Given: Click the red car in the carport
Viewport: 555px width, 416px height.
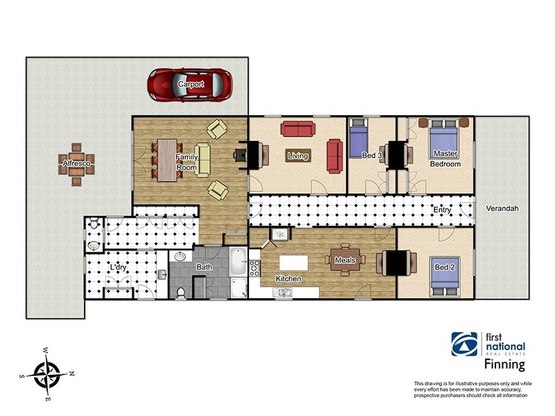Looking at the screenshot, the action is tap(190, 85).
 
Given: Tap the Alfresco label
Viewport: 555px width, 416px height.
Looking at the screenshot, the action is tap(76, 163).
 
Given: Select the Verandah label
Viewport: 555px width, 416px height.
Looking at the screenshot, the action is tap(502, 209).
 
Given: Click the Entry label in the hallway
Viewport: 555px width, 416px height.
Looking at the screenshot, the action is tap(442, 210).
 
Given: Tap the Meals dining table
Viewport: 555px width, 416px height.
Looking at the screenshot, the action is tap(345, 259).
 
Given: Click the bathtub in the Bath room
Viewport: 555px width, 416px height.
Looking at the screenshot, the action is tap(238, 262).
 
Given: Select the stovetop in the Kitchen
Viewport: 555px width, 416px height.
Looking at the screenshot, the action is tap(255, 268).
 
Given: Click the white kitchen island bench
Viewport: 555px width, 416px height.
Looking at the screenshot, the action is tap(293, 263).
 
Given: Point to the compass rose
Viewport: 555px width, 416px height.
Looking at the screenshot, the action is tap(47, 374).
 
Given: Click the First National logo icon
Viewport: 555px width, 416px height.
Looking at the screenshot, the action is tap(464, 344).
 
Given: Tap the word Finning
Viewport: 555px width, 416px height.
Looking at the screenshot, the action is tap(504, 365).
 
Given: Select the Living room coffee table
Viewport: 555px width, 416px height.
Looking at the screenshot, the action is tap(298, 155).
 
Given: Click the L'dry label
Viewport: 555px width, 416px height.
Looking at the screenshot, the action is tap(118, 268).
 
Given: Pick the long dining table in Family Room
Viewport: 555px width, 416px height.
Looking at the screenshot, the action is tap(167, 160).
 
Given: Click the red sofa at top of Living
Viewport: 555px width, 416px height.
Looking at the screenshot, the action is tap(298, 129).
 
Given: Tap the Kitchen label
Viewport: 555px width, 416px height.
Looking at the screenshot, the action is tap(289, 279).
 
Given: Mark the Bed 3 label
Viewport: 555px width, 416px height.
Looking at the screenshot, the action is tap(372, 155).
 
